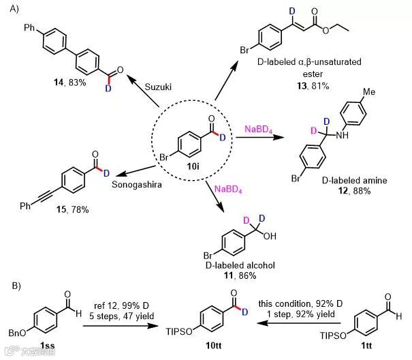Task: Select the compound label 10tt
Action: [204, 348]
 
